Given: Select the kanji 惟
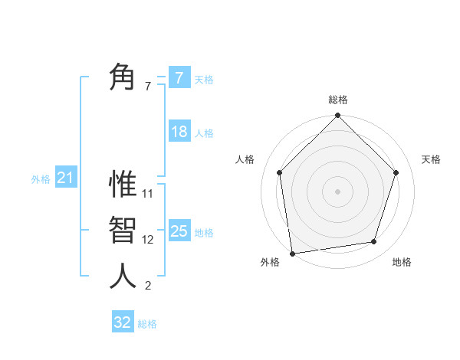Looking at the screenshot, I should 123,184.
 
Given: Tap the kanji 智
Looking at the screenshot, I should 123,230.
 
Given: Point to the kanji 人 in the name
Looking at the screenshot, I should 123,276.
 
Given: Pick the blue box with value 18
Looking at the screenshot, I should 179,132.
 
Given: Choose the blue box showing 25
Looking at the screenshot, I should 179,231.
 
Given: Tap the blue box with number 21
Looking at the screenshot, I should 65,178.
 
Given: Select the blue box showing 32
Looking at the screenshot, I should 123,322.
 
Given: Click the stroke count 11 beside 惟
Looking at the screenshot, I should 148,194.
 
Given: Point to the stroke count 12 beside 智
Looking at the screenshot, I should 148,240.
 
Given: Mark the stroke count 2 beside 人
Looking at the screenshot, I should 148,286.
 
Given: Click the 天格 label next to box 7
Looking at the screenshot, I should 204,79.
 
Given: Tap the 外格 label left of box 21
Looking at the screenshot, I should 41,179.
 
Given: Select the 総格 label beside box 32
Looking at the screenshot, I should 147,323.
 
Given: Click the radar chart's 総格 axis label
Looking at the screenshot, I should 337,100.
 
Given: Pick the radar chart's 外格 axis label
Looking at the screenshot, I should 270,262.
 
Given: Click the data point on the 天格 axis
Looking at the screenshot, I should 396,172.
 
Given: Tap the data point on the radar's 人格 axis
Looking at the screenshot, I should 279,172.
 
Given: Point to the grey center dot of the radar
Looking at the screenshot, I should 337,191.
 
